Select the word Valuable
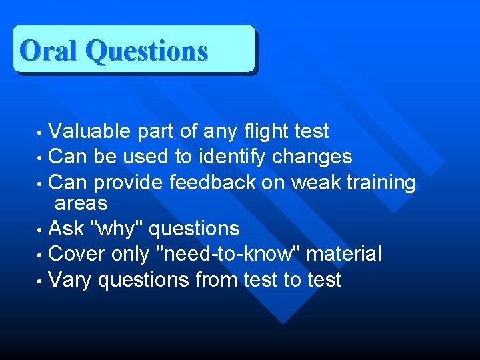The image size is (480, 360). [90, 131]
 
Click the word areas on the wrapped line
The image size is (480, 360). [81, 203]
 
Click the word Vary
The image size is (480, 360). [71, 279]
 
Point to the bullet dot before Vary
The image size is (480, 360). [41, 281]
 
